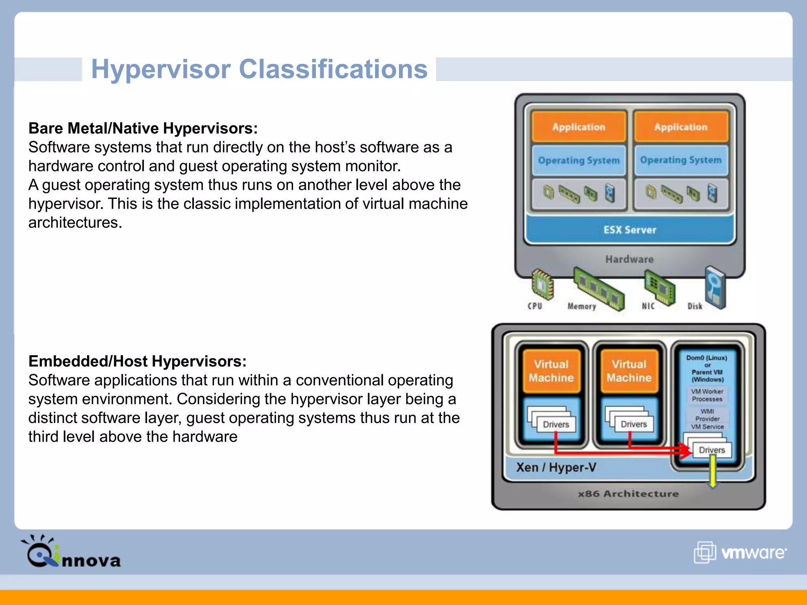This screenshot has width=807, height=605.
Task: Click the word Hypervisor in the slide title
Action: (x=161, y=69)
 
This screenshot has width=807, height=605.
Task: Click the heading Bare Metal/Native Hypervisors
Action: (x=143, y=128)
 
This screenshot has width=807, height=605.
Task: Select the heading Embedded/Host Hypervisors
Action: (x=137, y=361)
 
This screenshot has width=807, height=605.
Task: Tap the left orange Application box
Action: (x=578, y=127)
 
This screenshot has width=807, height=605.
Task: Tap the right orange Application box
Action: (x=681, y=127)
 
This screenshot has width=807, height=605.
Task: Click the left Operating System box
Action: (x=578, y=160)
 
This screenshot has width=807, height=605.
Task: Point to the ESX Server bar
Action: (x=630, y=230)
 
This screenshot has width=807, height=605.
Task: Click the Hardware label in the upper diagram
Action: (x=629, y=259)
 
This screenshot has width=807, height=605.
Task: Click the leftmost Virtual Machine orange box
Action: (x=551, y=371)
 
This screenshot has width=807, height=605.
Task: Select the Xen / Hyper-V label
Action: (x=556, y=468)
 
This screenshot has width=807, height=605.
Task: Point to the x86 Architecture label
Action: (x=628, y=494)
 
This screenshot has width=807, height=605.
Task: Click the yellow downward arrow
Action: (x=712, y=473)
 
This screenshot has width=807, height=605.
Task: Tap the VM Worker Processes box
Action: (x=707, y=395)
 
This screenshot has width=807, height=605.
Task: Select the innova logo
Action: (x=71, y=552)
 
